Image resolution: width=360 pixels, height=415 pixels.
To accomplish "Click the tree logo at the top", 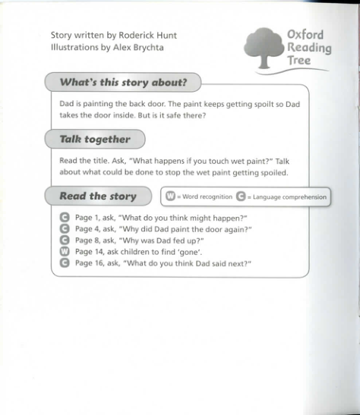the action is tap(262, 47).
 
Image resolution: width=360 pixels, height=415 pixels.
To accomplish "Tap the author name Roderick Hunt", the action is tap(148, 35).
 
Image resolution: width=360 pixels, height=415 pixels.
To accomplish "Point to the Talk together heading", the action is tap(95, 139).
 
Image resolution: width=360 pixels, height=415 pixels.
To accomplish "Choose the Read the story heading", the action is tap(97, 196).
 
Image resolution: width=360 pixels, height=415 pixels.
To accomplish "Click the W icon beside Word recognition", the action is tap(171, 196).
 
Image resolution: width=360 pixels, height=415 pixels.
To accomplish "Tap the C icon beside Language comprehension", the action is tap(241, 196).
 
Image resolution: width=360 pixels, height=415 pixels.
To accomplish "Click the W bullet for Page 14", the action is tap(65, 251).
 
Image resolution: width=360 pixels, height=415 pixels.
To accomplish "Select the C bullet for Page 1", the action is tap(65, 217).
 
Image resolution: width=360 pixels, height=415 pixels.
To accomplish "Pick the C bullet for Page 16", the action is tap(65, 263).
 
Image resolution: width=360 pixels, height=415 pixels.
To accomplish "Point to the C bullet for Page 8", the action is tap(65, 240).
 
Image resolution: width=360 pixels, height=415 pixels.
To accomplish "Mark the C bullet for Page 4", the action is tap(65, 228).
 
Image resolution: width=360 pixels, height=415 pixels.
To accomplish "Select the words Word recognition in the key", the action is tap(207, 197).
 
